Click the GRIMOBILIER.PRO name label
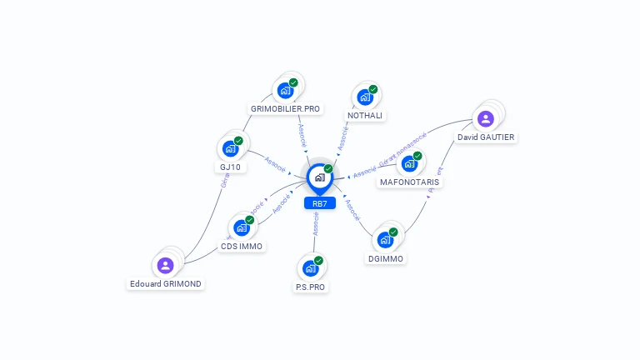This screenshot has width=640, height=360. [x=286, y=109]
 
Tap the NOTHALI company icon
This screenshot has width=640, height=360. [x=365, y=97]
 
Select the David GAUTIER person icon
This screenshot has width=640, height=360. [x=486, y=118]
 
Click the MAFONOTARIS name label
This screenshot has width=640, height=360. [x=409, y=182]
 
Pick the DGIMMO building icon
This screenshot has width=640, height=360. [x=385, y=240]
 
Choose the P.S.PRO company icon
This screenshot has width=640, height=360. [x=310, y=268]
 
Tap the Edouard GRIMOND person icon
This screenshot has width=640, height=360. [x=165, y=265]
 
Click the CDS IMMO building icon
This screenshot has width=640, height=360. [x=241, y=227]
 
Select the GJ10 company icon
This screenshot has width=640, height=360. [x=230, y=149]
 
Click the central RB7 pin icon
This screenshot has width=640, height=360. [x=319, y=177]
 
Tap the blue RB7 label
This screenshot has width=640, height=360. [x=319, y=203]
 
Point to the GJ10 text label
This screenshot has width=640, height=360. [x=230, y=167]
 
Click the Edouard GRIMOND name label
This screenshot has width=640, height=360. [x=165, y=283]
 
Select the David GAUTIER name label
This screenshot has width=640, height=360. [x=486, y=137]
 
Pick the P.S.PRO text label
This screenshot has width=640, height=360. [x=310, y=287]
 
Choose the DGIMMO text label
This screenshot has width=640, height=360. [x=386, y=258]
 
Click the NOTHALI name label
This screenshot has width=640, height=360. [x=365, y=116]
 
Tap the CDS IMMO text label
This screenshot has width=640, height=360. [x=242, y=246]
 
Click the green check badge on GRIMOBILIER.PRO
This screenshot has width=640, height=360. [x=293, y=82]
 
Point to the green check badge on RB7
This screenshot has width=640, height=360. [x=328, y=169]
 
